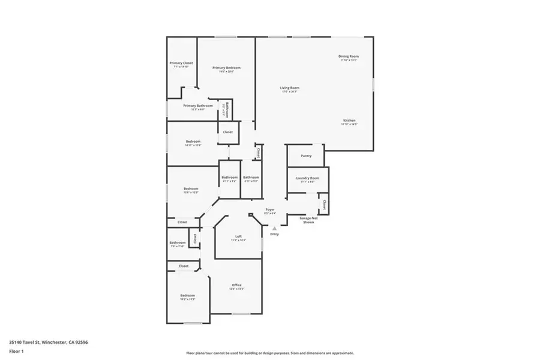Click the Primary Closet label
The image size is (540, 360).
181,63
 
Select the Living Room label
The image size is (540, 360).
289,88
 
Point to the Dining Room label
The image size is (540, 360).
348,56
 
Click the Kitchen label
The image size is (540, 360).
349,121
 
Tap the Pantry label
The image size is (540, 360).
306,156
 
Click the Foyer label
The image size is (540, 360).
270,209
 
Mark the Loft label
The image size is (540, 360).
238,236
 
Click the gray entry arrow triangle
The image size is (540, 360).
274,228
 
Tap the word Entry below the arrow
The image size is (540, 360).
274,234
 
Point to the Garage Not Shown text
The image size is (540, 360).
308,220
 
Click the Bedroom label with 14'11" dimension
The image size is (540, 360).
193,142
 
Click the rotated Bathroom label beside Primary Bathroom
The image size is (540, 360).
226,110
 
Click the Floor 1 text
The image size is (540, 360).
16,352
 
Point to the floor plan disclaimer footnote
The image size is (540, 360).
270,353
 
